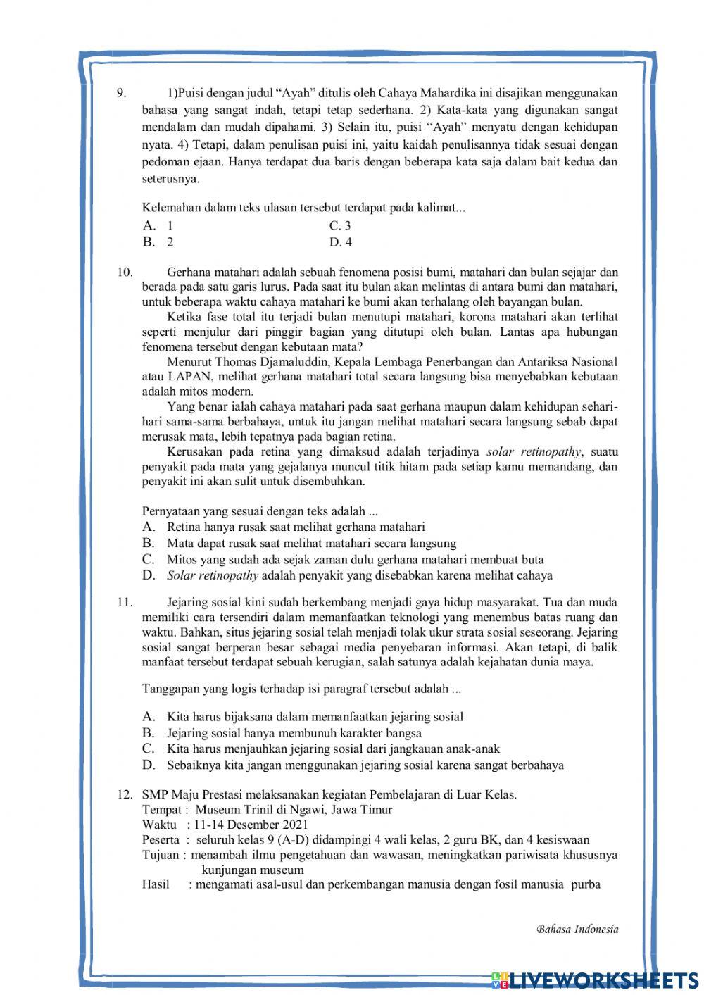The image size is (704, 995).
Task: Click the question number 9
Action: (x=120, y=93)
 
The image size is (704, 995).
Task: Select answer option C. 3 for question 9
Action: (x=340, y=226)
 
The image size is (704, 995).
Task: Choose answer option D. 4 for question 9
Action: (x=341, y=242)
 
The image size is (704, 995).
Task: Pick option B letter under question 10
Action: (x=148, y=543)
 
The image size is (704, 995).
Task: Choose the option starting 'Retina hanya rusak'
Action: (x=296, y=527)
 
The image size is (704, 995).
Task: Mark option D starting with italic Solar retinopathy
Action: (x=359, y=575)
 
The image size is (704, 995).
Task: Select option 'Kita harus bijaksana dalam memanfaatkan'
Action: (x=315, y=717)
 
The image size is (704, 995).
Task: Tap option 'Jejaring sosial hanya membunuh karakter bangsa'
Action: (x=294, y=733)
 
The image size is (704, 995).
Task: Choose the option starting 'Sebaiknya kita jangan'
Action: (x=365, y=765)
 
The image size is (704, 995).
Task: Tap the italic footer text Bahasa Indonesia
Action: (x=577, y=930)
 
